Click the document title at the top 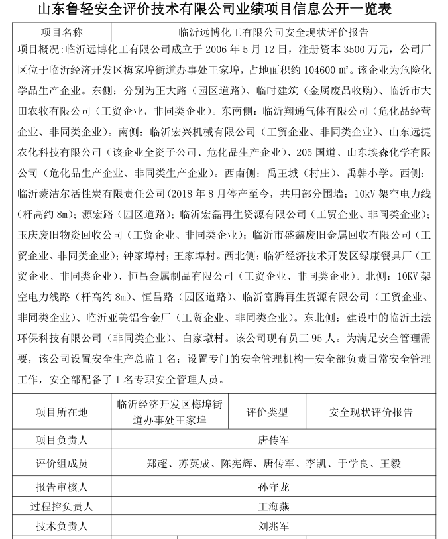(223, 9)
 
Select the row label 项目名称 (62, 31)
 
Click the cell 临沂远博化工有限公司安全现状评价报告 (274, 31)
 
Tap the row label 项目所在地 (62, 412)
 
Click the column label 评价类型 (267, 412)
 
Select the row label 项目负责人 (62, 440)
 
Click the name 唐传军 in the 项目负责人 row (274, 440)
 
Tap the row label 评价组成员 (62, 463)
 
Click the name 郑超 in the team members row (158, 463)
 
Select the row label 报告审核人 (62, 487)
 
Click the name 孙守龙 (274, 487)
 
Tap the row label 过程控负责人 (62, 507)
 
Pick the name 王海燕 (274, 507)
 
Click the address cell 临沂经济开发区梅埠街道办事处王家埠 (170, 412)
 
